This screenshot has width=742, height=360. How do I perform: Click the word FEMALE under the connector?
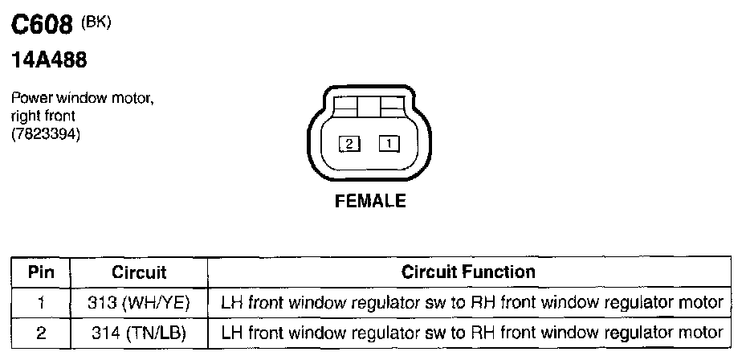pos(369,201)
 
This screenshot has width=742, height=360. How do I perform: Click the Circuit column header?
pos(139,272)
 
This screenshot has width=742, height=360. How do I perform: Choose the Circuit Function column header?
pos(468,272)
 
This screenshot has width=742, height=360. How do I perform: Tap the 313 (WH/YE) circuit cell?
pos(139,303)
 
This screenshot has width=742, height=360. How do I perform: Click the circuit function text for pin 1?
pos(471,303)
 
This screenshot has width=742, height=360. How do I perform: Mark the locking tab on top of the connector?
pos(369,106)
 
